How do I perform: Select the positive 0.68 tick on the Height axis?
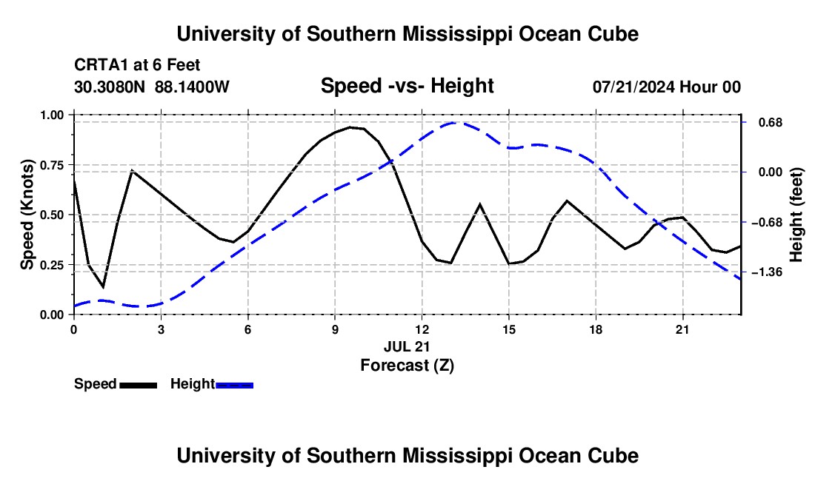[771, 122]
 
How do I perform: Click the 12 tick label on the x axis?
[422, 329]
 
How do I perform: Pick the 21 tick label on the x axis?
[682, 329]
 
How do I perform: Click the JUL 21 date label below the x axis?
[407, 346]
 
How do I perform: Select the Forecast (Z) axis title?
[407, 366]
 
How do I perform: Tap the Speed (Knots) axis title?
[27, 215]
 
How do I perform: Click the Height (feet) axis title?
[796, 215]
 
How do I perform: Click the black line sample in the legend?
[139, 386]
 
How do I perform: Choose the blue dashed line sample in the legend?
[234, 386]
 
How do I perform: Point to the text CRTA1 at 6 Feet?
[137, 65]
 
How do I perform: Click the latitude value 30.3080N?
[110, 87]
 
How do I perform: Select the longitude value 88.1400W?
[192, 87]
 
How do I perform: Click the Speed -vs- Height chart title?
[407, 86]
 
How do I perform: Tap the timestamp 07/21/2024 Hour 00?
[667, 87]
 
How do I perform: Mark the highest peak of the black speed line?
[350, 127]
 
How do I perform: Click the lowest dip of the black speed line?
[104, 287]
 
